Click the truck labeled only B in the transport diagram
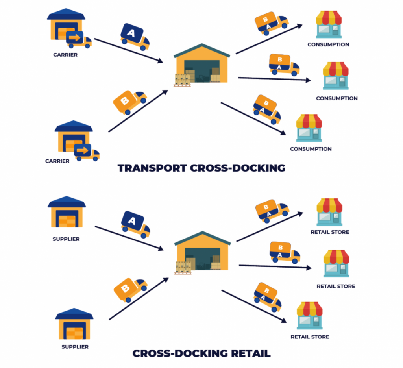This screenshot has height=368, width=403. coord(129,102)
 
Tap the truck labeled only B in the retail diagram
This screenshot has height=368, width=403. coord(130,290)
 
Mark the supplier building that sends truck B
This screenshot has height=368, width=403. coord(74,325)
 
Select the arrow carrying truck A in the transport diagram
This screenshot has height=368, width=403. coord(128,50)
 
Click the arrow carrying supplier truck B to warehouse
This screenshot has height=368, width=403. coord(138,299)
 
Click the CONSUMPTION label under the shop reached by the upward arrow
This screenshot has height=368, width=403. coord(328,45)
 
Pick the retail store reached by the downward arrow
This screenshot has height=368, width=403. coord(309,315)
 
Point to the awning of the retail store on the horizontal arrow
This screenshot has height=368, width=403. coord(336,256)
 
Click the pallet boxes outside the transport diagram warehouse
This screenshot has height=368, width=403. coord(182,80)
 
